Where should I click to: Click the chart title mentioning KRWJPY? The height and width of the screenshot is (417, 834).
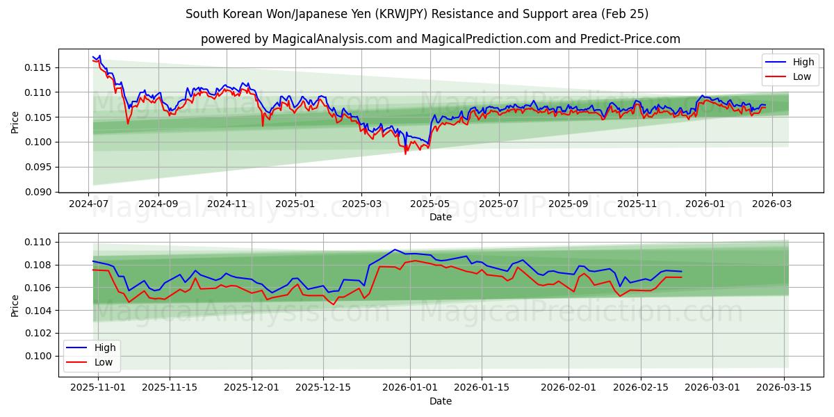[417, 14]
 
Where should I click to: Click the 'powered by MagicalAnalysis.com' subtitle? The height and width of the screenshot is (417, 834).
[441, 39]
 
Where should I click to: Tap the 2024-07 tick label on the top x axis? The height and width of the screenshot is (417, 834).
[89, 204]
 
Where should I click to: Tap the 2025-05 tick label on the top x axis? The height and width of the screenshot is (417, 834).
[430, 204]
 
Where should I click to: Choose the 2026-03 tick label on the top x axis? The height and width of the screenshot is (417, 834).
[772, 204]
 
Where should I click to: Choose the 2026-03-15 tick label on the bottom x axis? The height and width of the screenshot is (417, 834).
[785, 387]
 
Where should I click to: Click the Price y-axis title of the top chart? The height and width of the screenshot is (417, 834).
[15, 123]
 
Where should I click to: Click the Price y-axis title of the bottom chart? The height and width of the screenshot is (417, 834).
[15, 306]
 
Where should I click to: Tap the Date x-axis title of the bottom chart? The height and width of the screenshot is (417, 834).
[441, 401]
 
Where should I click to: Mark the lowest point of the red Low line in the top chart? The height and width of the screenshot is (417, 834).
[406, 154]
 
